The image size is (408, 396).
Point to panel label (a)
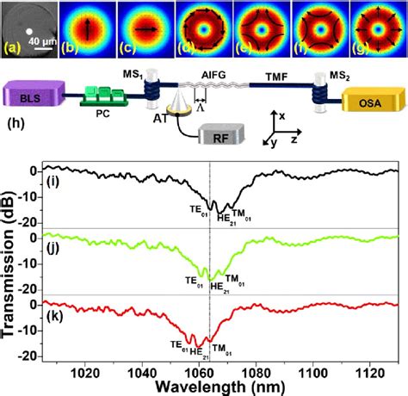tap(14, 49)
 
